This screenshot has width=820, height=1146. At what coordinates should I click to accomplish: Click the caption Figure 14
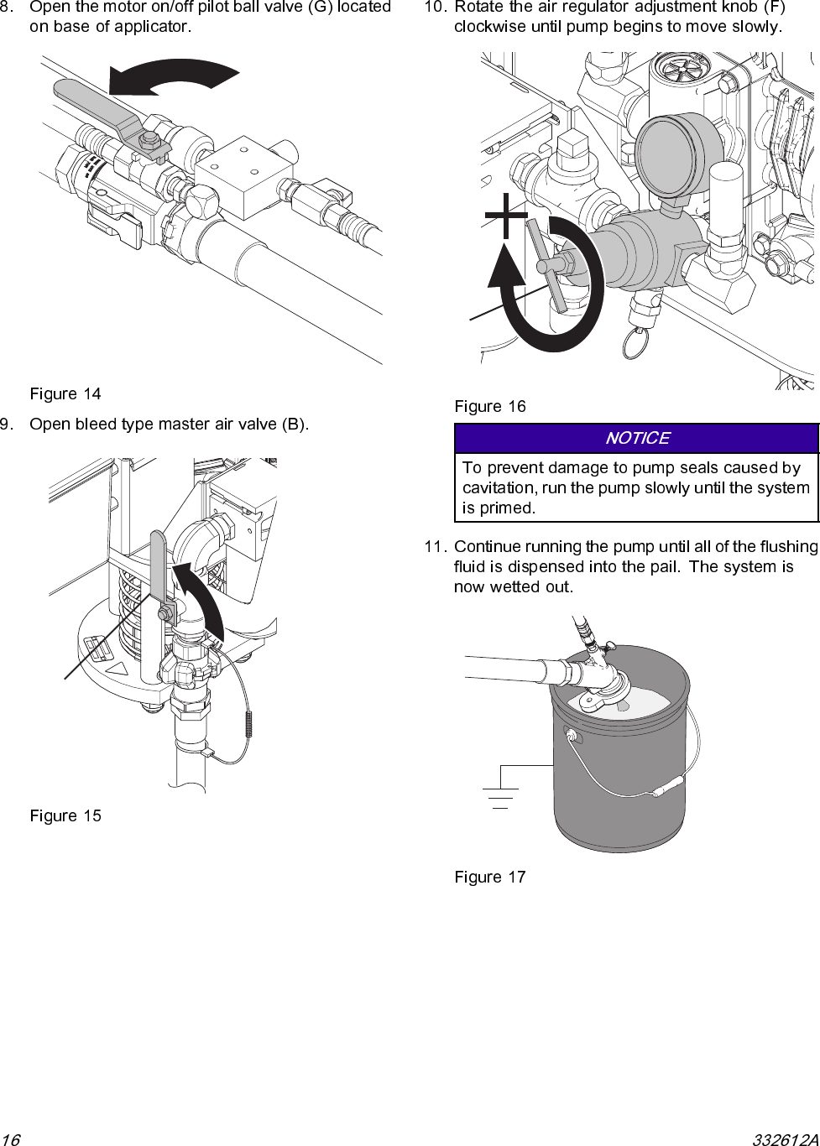[65, 393]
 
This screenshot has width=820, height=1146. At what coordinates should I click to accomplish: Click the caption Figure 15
[65, 815]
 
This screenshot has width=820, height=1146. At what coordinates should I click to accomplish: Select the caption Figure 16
[490, 406]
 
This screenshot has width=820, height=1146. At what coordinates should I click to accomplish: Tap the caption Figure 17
[490, 877]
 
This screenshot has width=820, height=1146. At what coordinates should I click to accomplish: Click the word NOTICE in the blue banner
[637, 438]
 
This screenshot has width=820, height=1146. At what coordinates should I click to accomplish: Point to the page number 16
[11, 1139]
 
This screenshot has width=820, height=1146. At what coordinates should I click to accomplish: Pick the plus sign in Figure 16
[506, 216]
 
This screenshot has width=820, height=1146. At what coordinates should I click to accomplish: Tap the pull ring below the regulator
[635, 342]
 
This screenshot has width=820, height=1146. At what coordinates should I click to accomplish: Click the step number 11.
[434, 547]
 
